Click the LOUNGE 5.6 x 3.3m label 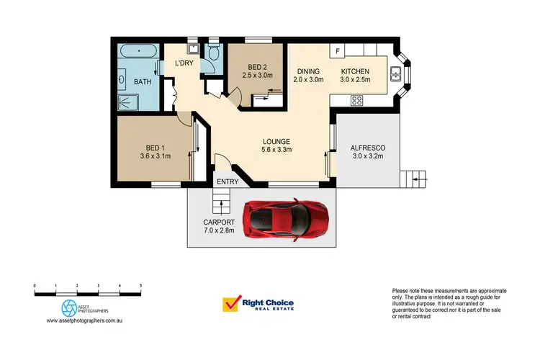coord(276,145)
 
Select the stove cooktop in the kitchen coord(356,101)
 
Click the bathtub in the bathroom coord(138,53)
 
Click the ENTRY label coord(228,182)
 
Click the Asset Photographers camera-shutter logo coord(69,307)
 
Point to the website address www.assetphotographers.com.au coord(87,321)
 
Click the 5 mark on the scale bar coord(140,287)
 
